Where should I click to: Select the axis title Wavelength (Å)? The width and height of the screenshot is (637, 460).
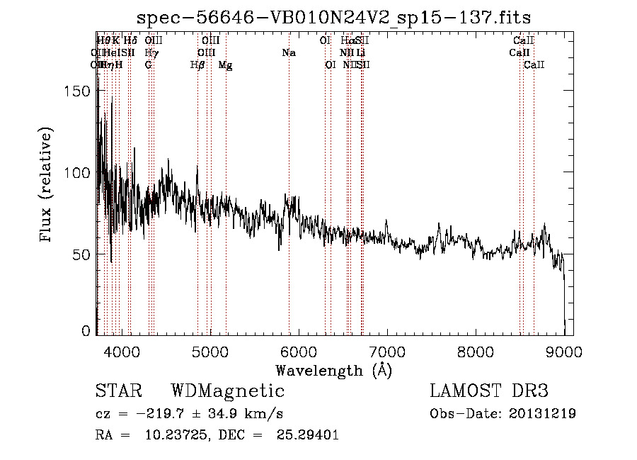pyautogui.click(x=333, y=370)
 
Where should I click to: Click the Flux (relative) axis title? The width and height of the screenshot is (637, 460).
pyautogui.click(x=47, y=186)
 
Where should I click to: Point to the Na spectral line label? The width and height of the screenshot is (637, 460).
pyautogui.click(x=288, y=53)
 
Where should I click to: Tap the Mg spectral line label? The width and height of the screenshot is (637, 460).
pyautogui.click(x=225, y=65)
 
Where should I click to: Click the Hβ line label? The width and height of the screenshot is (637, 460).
pyautogui.click(x=197, y=65)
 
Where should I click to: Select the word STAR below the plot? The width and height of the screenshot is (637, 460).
pyautogui.click(x=117, y=391)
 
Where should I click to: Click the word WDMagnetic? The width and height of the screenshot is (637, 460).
pyautogui.click(x=228, y=391)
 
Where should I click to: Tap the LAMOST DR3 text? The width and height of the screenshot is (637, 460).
pyautogui.click(x=489, y=391)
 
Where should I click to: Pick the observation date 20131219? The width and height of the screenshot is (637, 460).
pyautogui.click(x=541, y=413)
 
